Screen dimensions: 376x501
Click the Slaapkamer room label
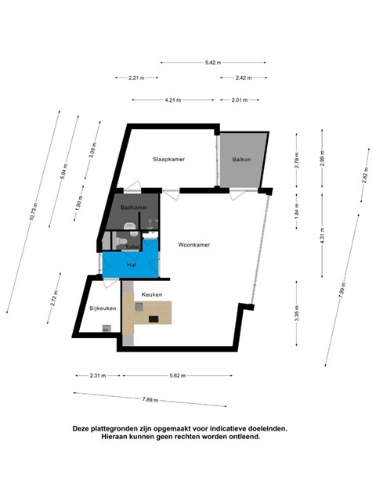(169, 159)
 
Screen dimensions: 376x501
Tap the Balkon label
(241, 160)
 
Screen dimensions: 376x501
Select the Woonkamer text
(194, 245)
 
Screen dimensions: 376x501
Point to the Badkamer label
(134, 207)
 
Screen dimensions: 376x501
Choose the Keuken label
(152, 294)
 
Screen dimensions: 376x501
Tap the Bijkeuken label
(103, 308)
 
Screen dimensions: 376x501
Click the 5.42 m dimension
(213, 63)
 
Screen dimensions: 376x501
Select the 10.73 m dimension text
(33, 211)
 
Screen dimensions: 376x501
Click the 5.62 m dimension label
(178, 376)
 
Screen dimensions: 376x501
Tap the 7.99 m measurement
(342, 290)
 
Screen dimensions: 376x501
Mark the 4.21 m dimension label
(173, 100)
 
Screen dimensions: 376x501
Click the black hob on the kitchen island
(154, 319)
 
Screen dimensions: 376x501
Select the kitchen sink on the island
(139, 307)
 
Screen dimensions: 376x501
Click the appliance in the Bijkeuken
(107, 329)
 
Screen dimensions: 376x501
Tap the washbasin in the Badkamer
(130, 226)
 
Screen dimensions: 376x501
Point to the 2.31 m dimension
(98, 376)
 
